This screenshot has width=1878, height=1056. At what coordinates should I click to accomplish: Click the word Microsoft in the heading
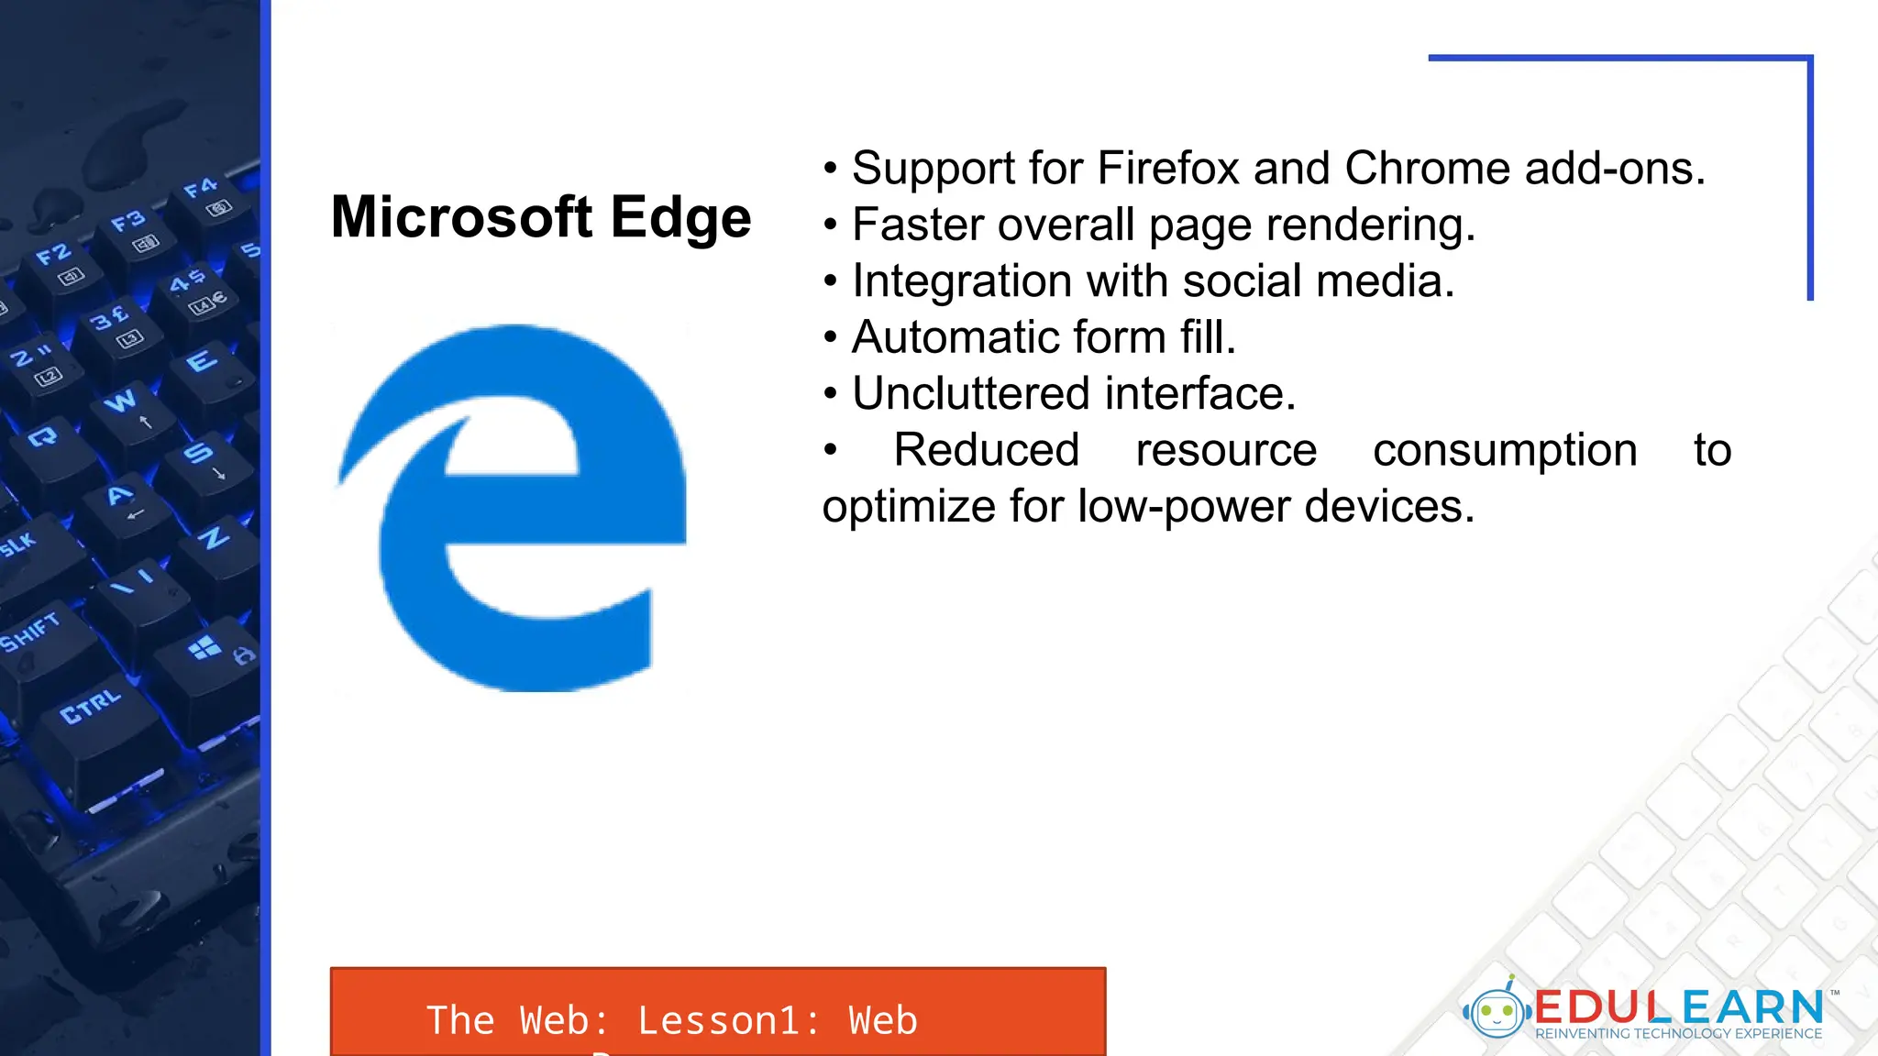[461, 217]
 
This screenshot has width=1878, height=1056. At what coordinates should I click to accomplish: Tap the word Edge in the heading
[680, 219]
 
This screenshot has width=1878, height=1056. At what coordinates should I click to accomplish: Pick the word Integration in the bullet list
[962, 281]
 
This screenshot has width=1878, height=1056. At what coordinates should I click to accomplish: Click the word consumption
[1504, 450]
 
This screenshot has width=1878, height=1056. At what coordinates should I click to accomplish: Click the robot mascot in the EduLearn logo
[1497, 1010]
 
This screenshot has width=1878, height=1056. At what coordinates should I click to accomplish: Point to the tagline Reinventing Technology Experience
[1678, 1034]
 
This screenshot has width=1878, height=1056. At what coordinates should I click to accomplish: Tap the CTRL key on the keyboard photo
[90, 707]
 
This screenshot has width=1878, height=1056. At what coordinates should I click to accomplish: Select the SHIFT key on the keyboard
[30, 632]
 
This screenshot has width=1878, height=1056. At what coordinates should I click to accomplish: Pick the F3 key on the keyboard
[128, 221]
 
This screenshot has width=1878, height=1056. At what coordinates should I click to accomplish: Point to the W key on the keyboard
[120, 401]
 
